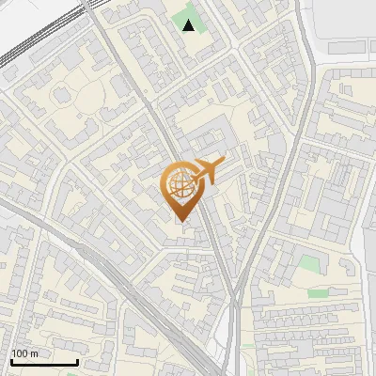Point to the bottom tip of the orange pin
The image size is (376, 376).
180,221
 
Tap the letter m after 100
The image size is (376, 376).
34,353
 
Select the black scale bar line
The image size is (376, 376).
44,362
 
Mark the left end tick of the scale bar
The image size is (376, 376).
12,360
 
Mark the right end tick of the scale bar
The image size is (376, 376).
77,360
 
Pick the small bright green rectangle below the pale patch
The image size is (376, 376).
319,293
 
